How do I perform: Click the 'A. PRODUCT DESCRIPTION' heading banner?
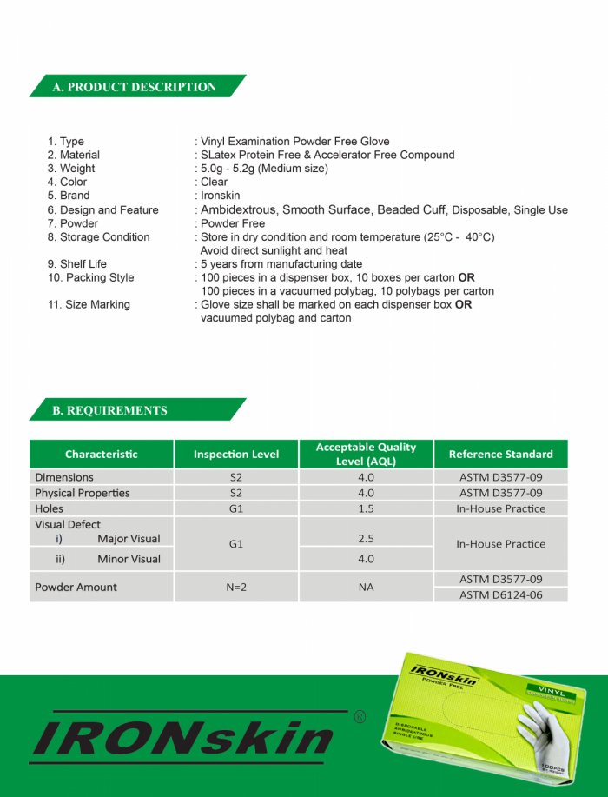[135, 87]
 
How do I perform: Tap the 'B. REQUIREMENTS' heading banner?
[110, 410]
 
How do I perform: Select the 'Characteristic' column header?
[102, 454]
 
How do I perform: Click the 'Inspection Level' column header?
[236, 454]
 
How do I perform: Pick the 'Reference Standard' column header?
[500, 454]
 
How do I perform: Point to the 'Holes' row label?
[50, 508]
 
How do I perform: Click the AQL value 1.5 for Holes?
[366, 508]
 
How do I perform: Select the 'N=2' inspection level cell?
[236, 587]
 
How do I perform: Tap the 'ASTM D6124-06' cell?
[500, 594]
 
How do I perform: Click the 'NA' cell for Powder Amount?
[366, 587]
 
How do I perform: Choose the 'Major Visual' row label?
[129, 539]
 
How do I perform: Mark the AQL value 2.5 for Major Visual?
[366, 539]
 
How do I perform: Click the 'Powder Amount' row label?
[76, 587]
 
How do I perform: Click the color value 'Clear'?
[215, 182]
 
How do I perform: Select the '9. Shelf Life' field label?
[77, 264]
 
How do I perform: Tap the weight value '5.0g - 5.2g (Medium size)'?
[265, 169]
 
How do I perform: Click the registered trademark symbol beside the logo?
[360, 717]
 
